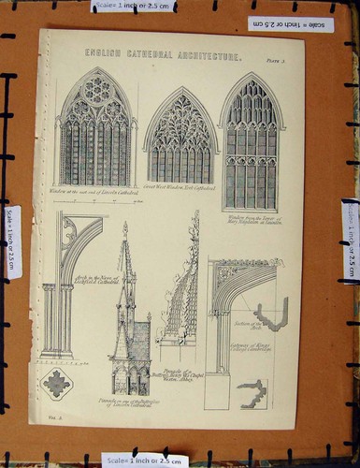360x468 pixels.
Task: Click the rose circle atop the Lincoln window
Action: tap(96, 90)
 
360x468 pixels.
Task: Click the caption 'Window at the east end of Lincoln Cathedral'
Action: tap(94, 193)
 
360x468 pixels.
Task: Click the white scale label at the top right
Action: tap(290, 23)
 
